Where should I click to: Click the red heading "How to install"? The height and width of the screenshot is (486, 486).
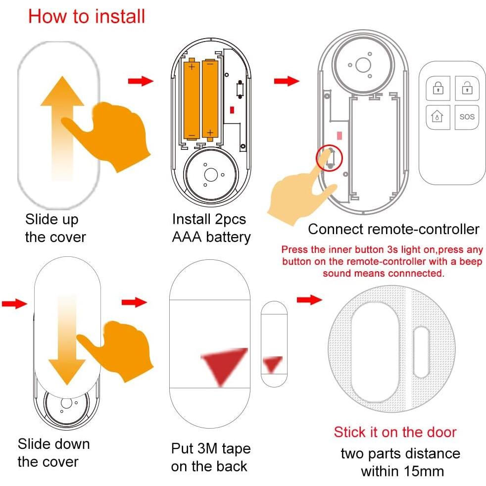point(87,16)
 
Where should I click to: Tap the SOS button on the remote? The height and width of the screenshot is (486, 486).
point(466,117)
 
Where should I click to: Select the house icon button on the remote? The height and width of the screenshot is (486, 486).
point(437,117)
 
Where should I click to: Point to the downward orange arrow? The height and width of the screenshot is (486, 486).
point(63,341)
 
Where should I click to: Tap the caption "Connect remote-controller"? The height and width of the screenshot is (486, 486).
point(393,229)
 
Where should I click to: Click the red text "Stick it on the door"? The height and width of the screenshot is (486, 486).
point(395,432)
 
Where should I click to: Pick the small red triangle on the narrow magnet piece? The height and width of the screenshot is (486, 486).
point(272,364)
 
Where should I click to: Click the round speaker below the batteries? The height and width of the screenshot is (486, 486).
point(210,174)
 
